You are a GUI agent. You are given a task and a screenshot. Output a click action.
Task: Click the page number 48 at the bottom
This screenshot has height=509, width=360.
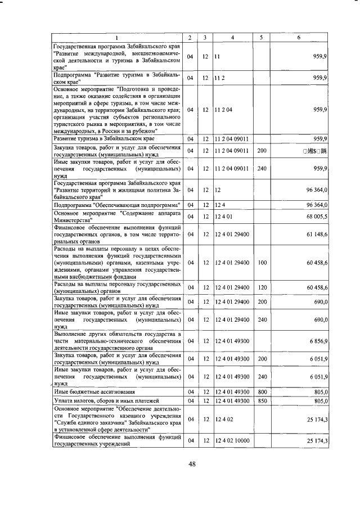[x=191, y=463]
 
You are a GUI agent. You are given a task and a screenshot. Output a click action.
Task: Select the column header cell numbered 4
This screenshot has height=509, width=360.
[x=233, y=37]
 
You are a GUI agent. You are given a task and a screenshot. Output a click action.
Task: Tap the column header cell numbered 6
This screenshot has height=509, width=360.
[x=298, y=37]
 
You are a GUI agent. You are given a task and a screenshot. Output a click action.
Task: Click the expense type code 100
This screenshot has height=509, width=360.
[x=262, y=262]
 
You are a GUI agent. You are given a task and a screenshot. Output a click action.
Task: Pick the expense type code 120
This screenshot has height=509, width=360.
[x=262, y=287]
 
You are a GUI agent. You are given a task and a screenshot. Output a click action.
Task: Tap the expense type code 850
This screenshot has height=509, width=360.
[x=262, y=400]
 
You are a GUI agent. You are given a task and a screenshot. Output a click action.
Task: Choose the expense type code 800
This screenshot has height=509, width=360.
[x=262, y=391]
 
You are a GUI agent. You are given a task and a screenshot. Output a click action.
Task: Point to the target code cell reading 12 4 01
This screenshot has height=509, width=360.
[x=224, y=217]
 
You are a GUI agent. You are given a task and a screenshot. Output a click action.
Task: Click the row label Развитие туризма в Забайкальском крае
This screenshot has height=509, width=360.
[x=103, y=138]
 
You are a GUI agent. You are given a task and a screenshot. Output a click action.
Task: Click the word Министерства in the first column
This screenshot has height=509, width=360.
[x=73, y=220]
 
